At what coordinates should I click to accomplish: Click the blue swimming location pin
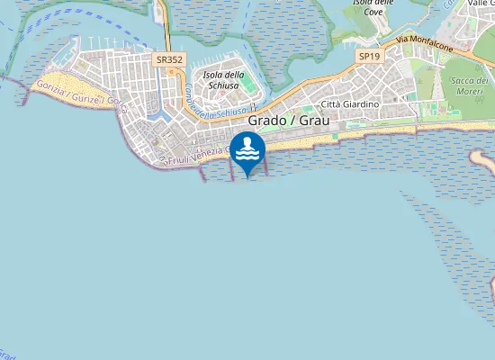[247, 151]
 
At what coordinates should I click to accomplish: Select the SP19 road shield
[368, 56]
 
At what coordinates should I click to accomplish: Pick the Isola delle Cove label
[373, 7]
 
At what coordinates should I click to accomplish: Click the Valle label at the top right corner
[481, 4]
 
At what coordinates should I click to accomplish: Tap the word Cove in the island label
[373, 13]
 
